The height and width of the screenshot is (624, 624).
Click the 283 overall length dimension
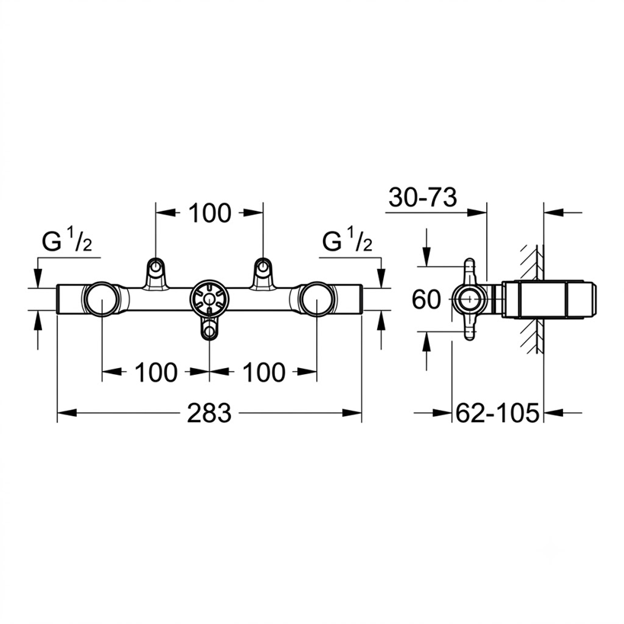coord(210,413)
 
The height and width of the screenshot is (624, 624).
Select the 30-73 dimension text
coord(423,197)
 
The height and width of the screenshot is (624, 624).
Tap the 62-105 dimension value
coord(498,413)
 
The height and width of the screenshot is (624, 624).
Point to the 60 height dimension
coord(426,299)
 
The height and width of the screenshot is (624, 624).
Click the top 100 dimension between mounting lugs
coord(210,213)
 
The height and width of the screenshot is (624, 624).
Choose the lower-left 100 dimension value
coord(156,373)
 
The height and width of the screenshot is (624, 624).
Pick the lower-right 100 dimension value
coord(264,373)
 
